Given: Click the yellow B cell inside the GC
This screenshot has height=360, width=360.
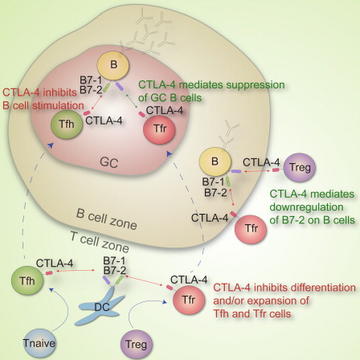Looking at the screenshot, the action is click(114, 64).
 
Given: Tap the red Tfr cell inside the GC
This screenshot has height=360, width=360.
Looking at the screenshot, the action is click(159, 129).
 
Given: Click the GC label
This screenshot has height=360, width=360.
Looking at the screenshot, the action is click(109, 162).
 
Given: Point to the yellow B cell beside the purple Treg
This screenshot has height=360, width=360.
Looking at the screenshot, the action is click(215, 162).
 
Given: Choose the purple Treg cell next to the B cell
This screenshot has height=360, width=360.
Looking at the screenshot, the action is click(299, 167).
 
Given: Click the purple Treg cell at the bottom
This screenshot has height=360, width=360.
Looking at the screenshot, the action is click(137, 343).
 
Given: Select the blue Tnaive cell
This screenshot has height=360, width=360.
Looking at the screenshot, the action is click(39, 342).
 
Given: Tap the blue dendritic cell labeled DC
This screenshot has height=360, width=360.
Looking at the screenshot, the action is click(100, 306).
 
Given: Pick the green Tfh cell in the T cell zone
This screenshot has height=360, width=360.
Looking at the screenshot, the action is click(27, 279).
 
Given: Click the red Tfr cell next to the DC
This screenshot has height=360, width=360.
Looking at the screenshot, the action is click(188, 299).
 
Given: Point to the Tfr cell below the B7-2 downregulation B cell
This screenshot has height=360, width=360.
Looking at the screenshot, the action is click(251, 229).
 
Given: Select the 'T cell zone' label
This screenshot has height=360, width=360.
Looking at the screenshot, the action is click(100, 242).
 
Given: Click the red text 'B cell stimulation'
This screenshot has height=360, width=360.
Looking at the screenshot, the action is click(43, 106).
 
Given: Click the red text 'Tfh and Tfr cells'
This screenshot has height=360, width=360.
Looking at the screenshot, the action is click(253, 314).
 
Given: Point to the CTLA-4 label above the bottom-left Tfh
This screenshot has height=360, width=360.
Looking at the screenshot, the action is click(55, 263).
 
